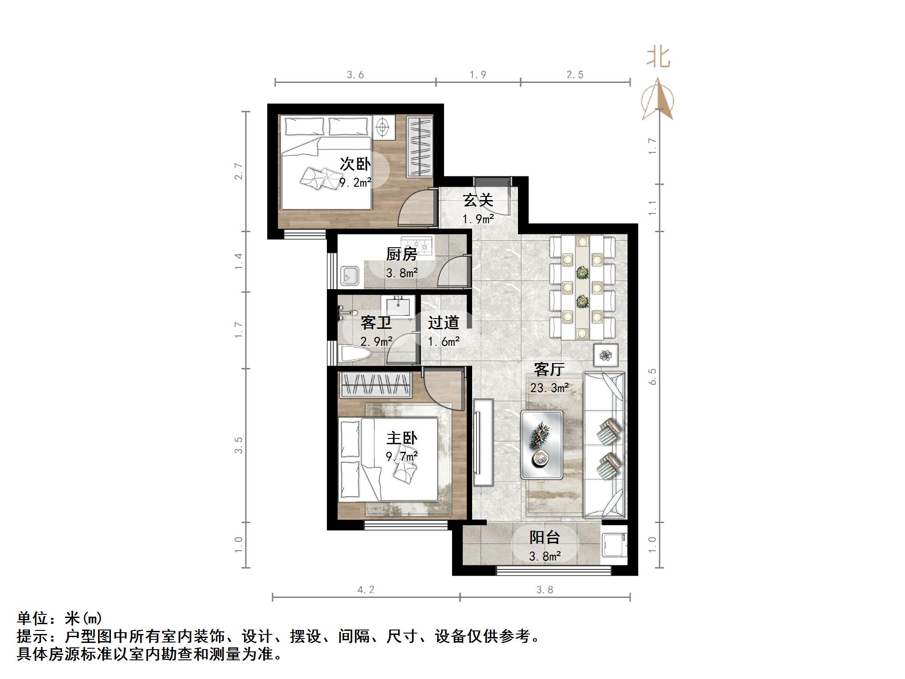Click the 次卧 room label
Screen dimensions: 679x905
355,164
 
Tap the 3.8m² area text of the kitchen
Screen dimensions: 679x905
402,273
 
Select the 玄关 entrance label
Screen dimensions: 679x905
478,200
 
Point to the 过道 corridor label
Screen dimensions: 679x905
444,323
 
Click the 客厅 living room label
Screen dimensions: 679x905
549,369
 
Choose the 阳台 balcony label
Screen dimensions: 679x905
544,537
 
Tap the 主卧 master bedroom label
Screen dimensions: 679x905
402,438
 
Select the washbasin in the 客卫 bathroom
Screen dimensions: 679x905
398,306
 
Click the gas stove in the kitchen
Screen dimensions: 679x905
417,244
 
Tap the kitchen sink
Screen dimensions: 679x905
350,276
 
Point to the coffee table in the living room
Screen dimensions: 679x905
542,445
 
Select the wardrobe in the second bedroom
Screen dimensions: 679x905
420,147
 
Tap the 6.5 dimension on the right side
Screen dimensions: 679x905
653,376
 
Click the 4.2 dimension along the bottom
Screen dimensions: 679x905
366,590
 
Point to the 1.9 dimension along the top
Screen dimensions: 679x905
478,75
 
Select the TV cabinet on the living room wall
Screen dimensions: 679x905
483,442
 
